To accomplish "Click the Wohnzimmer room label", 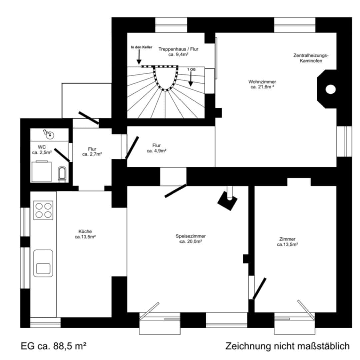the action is [x=262, y=82].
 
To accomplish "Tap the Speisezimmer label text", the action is [x=191, y=236].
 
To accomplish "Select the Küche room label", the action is [x=85, y=231].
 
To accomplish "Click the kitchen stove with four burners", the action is [x=43, y=210].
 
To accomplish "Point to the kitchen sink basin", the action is [x=43, y=263].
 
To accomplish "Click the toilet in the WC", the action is [x=62, y=173].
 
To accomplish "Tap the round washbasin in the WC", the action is [x=49, y=135].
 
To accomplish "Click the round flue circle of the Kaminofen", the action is [x=331, y=89].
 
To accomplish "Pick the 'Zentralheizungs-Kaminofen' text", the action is [x=311, y=58].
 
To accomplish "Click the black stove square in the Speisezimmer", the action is [x=227, y=201].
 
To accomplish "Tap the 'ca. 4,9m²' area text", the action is [x=156, y=151].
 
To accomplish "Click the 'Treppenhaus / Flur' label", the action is [x=178, y=49].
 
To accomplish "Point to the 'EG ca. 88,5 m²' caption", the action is [x=54, y=346].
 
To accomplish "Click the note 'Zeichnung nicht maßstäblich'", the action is [x=287, y=346].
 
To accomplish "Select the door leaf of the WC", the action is [x=62, y=155].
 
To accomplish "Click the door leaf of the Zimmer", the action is [x=259, y=288].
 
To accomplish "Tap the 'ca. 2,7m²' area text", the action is [x=92, y=154].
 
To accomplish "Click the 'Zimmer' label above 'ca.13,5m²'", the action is [x=287, y=239].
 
